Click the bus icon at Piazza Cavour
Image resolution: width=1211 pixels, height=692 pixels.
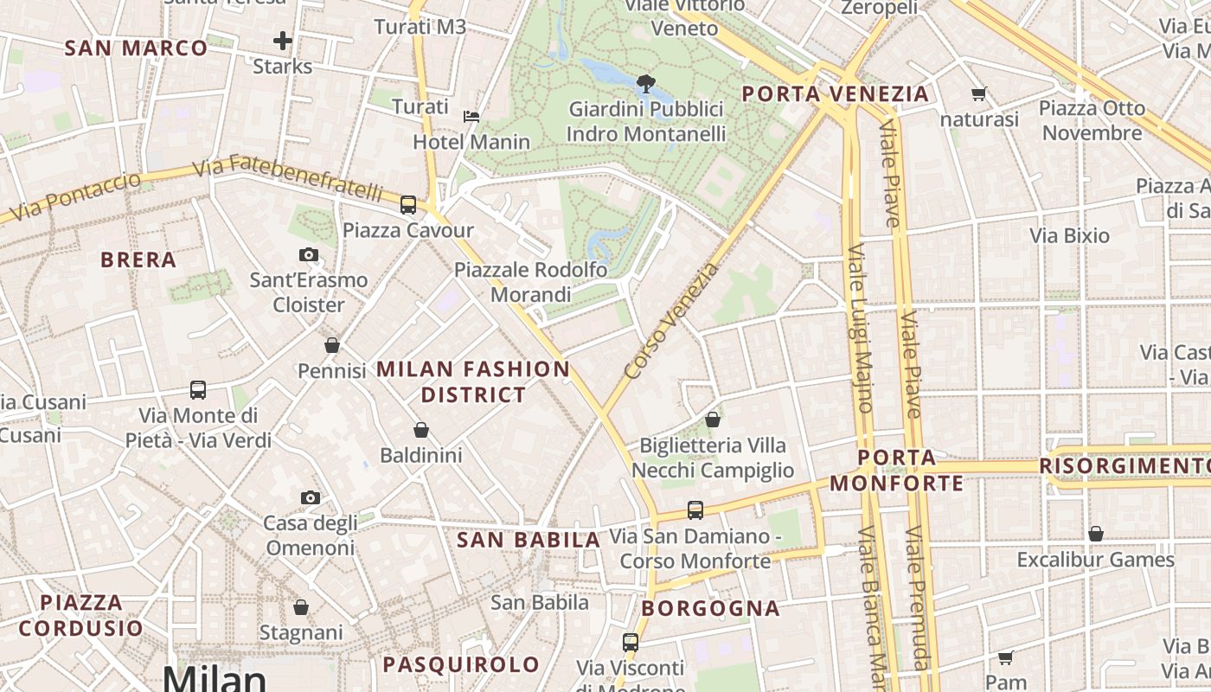(408, 205)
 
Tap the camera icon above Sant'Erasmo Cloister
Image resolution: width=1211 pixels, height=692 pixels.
(309, 254)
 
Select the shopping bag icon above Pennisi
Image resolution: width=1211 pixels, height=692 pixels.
(332, 345)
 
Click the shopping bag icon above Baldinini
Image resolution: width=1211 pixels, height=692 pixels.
(421, 429)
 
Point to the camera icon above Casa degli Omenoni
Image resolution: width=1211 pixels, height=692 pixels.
(311, 497)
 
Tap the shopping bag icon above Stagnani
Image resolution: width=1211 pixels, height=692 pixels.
(301, 607)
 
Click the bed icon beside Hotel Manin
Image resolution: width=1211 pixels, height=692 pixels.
(471, 116)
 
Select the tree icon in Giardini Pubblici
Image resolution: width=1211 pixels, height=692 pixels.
(645, 84)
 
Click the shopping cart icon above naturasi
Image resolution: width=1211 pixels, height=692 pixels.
(979, 93)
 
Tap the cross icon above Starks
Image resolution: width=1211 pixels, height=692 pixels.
(283, 40)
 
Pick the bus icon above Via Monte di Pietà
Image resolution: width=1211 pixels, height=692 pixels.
(198, 390)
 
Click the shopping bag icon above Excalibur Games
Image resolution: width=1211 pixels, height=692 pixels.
(1096, 534)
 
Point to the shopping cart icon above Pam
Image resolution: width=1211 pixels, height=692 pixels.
(1005, 657)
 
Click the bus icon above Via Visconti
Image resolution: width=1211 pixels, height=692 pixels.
(631, 643)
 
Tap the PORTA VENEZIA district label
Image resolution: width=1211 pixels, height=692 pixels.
(836, 93)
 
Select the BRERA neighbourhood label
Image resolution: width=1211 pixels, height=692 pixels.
(138, 259)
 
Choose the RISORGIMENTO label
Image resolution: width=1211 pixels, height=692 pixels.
(1124, 466)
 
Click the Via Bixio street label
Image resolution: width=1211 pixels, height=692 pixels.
(1069, 235)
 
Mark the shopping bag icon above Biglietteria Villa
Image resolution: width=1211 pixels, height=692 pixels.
(713, 420)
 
